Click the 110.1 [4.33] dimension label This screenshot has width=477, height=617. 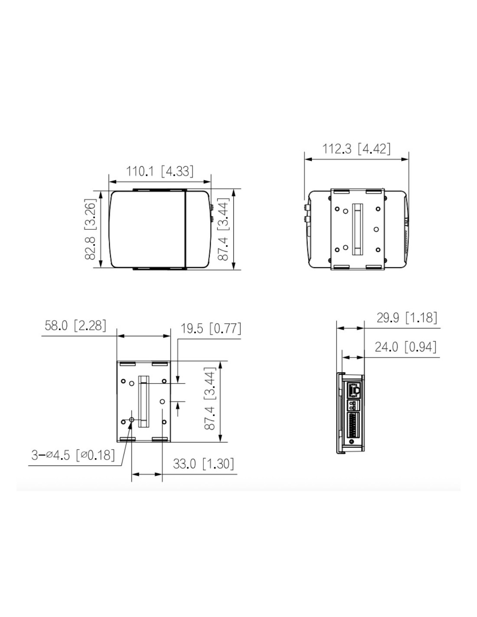[160, 171]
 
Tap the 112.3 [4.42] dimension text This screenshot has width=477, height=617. [356, 148]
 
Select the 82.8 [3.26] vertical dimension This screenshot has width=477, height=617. [91, 229]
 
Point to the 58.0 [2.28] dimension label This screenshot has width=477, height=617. [75, 325]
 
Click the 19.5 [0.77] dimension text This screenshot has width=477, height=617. [211, 328]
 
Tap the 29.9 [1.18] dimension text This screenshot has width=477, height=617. [407, 318]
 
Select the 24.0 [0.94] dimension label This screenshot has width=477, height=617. [405, 347]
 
